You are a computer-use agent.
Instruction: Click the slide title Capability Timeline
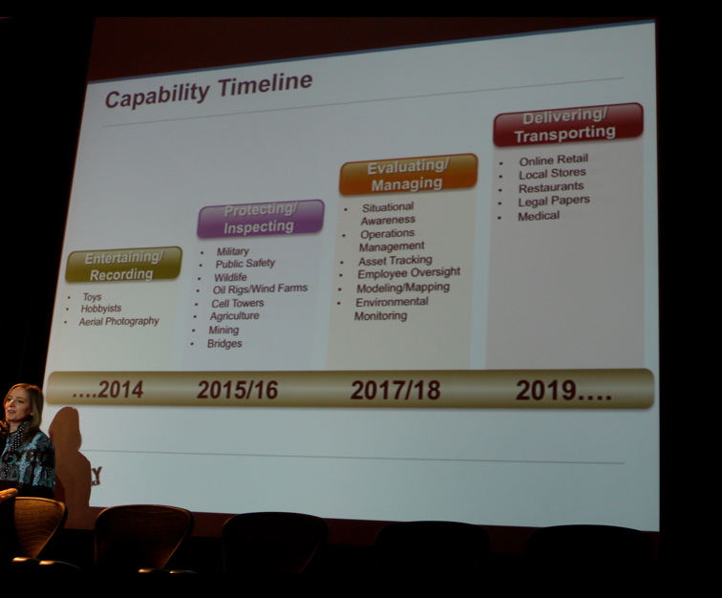(x=209, y=90)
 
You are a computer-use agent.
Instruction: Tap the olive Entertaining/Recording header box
(x=124, y=265)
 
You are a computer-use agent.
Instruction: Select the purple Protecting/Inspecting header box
(x=261, y=218)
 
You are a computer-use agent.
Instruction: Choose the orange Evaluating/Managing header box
(x=408, y=174)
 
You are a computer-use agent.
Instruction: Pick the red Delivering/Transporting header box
(x=567, y=124)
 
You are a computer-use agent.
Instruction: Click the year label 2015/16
(x=238, y=390)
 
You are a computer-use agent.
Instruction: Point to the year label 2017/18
(x=395, y=390)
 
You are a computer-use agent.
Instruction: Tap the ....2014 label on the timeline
(x=108, y=390)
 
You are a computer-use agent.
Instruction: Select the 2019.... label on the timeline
(x=564, y=391)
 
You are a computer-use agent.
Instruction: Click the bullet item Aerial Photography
(x=118, y=321)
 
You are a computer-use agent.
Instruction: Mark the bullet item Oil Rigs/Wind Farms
(x=260, y=288)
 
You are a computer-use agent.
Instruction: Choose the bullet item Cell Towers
(x=238, y=303)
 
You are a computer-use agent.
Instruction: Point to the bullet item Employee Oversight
(x=409, y=273)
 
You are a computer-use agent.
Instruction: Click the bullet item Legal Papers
(x=554, y=201)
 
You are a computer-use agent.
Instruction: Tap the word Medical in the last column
(x=539, y=216)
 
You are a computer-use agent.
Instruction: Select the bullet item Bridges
(x=224, y=344)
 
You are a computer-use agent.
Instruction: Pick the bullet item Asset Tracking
(x=395, y=260)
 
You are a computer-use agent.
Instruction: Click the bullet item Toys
(x=92, y=297)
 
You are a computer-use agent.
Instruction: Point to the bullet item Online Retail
(x=554, y=160)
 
